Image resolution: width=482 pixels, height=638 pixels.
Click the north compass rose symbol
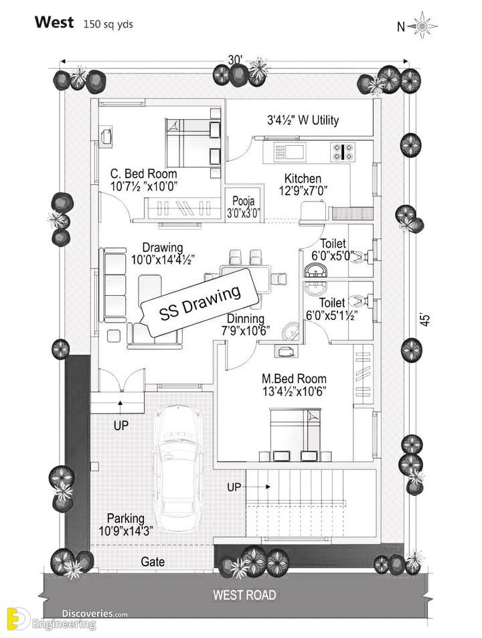(x=422, y=25)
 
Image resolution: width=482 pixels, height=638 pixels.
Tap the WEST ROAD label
(x=244, y=595)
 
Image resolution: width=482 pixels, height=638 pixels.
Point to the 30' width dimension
(x=235, y=60)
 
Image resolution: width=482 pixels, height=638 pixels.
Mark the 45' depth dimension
(x=424, y=319)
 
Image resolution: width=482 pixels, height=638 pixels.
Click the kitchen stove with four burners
(x=343, y=151)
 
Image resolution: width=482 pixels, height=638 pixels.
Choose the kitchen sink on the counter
(x=290, y=152)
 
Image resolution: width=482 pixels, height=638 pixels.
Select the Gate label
(x=153, y=562)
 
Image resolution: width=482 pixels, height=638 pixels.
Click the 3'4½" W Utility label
(x=303, y=120)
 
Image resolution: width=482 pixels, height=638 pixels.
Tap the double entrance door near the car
(x=121, y=380)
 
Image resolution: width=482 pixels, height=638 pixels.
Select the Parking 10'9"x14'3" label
(x=126, y=524)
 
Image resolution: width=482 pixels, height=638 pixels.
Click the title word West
(x=54, y=22)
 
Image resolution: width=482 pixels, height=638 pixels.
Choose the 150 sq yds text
(x=108, y=24)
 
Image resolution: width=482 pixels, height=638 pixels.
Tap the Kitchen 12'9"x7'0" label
(x=303, y=184)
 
